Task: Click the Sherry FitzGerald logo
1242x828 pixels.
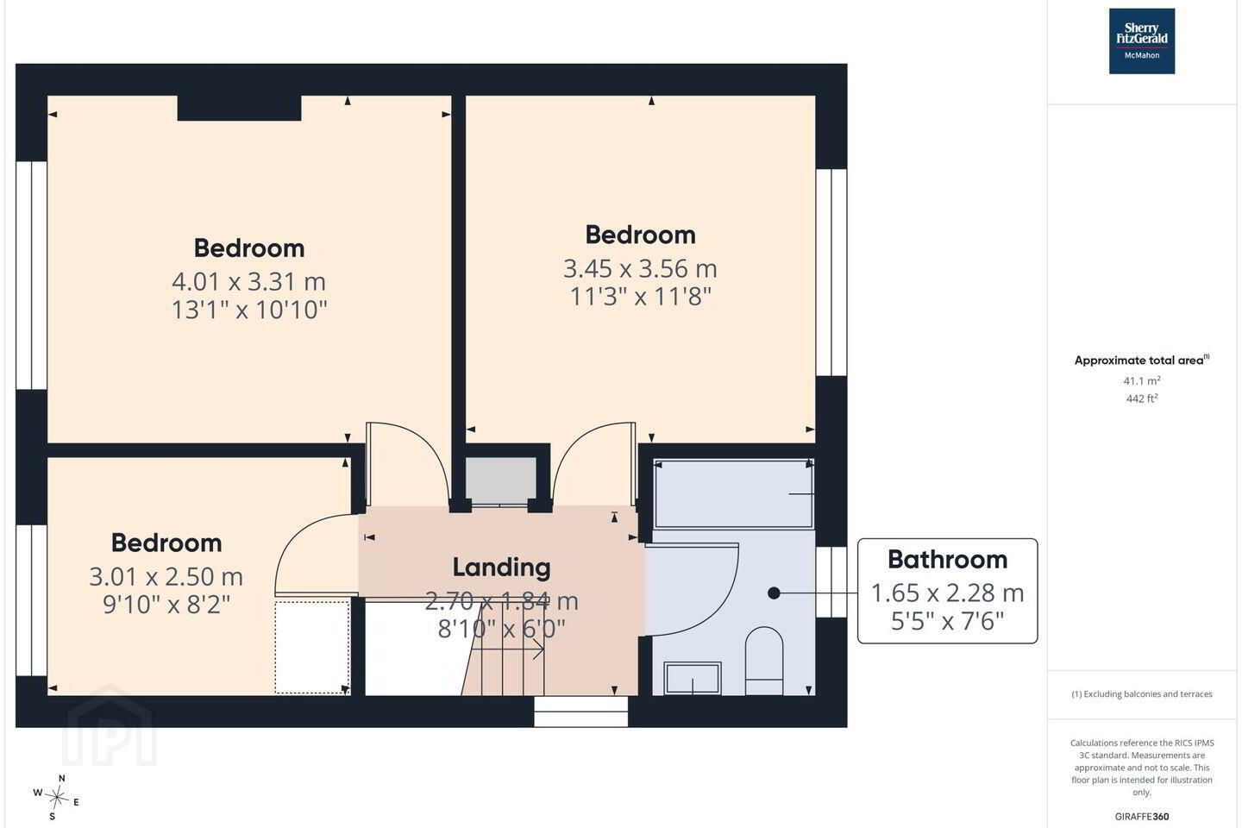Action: click(1142, 41)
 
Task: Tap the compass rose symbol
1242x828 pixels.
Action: click(57, 798)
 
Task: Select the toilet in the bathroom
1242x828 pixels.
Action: click(764, 661)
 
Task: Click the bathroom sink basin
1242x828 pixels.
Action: click(693, 678)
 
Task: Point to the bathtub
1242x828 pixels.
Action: click(733, 493)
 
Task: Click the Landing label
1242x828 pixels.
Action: click(502, 567)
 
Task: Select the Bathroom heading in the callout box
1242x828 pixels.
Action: click(948, 559)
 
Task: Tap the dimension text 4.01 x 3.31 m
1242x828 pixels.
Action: click(249, 281)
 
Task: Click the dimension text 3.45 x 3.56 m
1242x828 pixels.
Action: click(640, 268)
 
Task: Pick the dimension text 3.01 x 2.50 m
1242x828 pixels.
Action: click(166, 576)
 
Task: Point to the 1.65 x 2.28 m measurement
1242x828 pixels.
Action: click(948, 593)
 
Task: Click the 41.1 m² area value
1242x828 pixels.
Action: click(1142, 380)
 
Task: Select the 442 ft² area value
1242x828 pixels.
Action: click(1142, 398)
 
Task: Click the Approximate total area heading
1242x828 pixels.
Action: click(1142, 360)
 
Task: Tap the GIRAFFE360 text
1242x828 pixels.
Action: click(1142, 816)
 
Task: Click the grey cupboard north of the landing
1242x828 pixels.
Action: click(500, 480)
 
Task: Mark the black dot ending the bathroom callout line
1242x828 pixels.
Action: click(774, 593)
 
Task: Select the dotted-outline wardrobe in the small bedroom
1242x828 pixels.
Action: click(312, 647)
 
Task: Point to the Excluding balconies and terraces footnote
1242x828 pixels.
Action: click(1142, 693)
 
